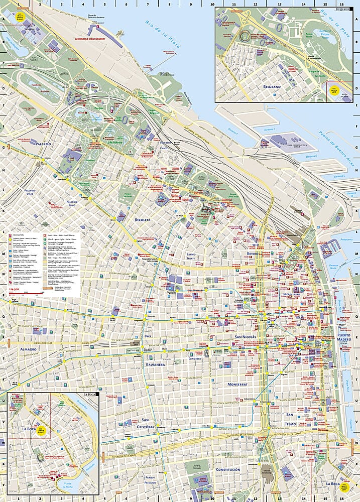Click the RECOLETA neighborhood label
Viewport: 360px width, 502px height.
(x=143, y=220)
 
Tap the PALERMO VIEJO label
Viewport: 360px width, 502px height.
(x=24, y=193)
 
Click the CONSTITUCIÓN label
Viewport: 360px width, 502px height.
(x=228, y=469)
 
